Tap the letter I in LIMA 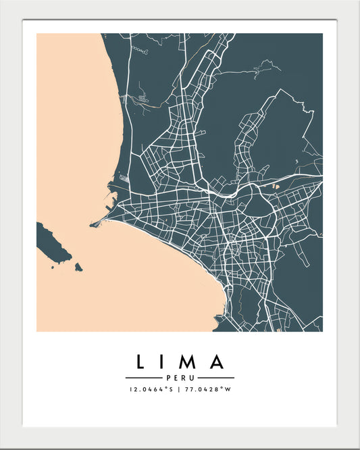166,362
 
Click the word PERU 180,378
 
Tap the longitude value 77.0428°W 208,389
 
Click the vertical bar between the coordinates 180,389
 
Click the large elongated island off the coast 53,243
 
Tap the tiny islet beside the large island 78,268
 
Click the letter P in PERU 168,378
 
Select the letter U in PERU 192,378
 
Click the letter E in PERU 175,378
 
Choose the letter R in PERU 183,378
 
